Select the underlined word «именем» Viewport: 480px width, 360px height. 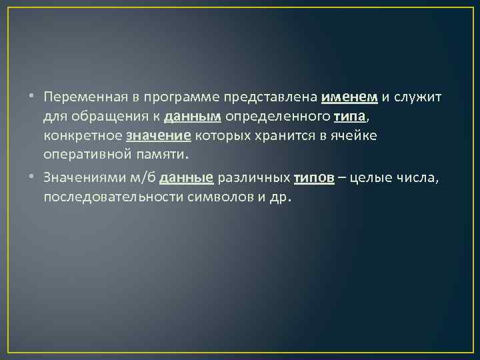point(349,97)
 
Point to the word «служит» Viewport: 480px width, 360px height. point(419,97)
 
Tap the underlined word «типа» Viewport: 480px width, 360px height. point(350,117)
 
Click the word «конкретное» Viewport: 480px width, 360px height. point(83,137)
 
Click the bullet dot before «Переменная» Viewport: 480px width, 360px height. point(32,98)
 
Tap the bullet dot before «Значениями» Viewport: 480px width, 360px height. point(32,179)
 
